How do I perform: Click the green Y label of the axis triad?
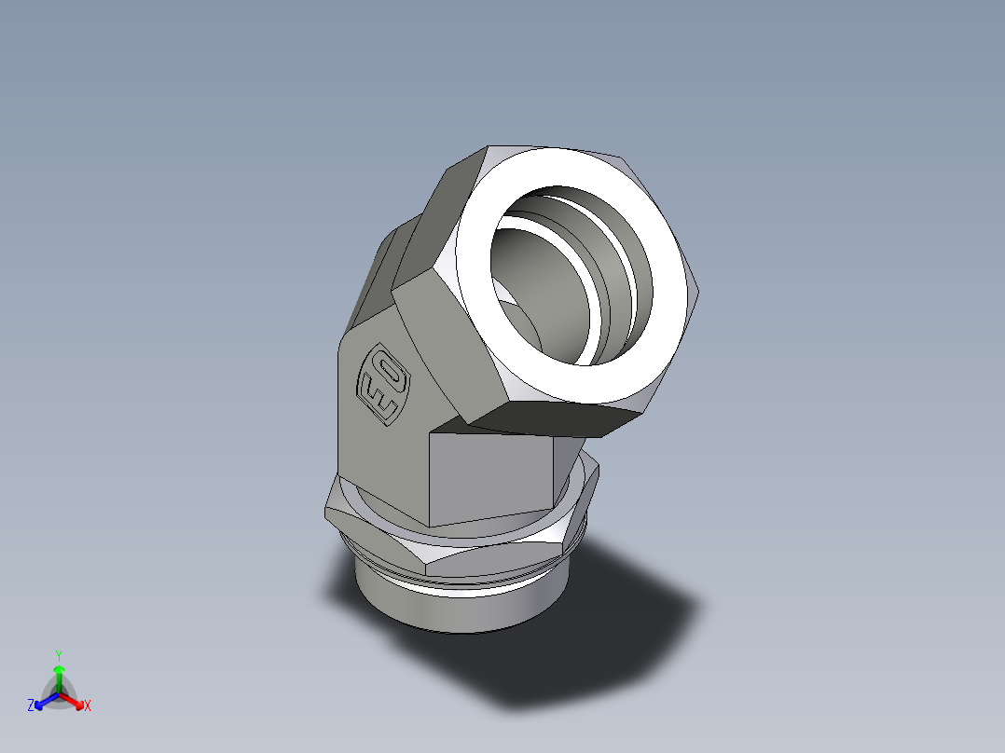point(58,655)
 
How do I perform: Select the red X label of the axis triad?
point(88,706)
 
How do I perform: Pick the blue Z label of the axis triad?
point(31,706)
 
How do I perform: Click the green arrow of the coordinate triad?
point(59,677)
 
